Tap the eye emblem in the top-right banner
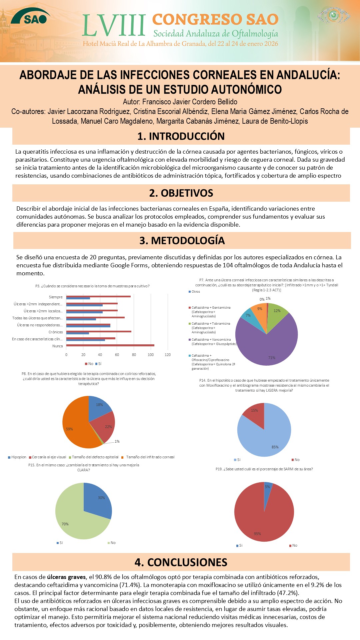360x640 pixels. coord(333,15)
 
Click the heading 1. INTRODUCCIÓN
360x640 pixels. coord(181,136)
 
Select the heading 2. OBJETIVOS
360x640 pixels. coord(181,193)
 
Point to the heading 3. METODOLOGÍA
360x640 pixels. coord(182,241)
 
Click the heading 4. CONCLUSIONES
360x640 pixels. coord(181,562)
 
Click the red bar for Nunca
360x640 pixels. coord(110,345)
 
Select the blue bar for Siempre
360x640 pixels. coord(78,298)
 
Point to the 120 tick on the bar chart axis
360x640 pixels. coord(168,355)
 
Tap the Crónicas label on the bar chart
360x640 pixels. coord(56,332)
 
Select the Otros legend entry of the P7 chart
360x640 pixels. coord(195,292)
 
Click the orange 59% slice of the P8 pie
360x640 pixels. coord(75,427)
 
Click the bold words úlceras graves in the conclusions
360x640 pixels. coord(66,577)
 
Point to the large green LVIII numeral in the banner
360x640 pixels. coord(114,26)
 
